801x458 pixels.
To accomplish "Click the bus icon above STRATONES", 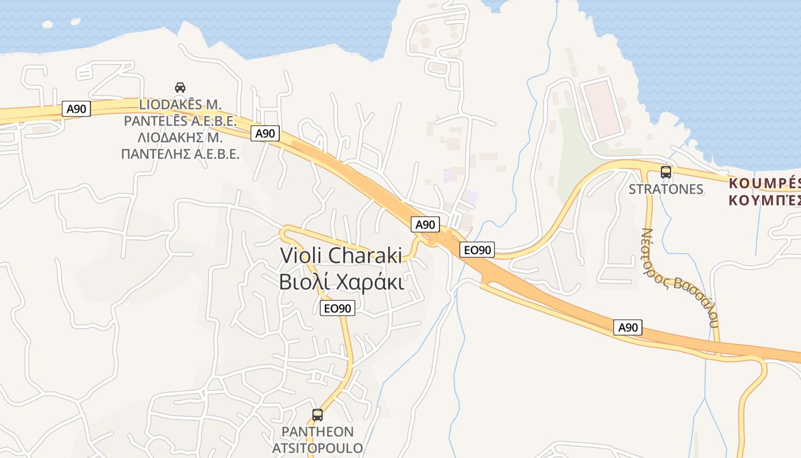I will (x=666, y=172).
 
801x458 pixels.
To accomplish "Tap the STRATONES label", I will (x=666, y=189).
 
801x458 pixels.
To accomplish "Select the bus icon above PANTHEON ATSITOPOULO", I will (x=318, y=414).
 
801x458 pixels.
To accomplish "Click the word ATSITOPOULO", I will (x=318, y=447).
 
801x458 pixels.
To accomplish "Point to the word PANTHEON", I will (x=318, y=432).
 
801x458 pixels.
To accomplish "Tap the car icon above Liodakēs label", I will (x=180, y=88).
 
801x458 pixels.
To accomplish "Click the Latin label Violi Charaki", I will (x=341, y=256).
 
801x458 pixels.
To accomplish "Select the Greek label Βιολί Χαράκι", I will (x=342, y=282).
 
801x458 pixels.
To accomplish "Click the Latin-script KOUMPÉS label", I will (x=764, y=184).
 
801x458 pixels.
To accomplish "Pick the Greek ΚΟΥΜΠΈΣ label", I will (x=764, y=200).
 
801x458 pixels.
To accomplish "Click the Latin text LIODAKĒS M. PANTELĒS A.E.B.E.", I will (x=180, y=113).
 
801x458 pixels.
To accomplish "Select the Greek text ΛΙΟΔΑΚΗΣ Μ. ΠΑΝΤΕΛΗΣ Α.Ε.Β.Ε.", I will (x=180, y=146).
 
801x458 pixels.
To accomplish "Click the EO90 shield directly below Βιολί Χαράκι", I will (x=337, y=308).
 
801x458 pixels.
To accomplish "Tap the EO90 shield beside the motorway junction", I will (x=477, y=250).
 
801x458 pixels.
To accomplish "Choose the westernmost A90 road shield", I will (x=76, y=109).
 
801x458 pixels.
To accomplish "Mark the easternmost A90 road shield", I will (x=628, y=327).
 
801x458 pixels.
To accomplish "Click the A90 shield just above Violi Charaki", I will (x=425, y=224).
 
